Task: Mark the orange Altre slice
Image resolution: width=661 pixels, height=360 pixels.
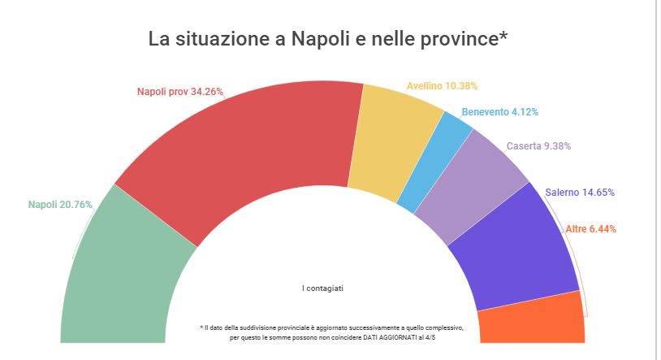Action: click(532, 321)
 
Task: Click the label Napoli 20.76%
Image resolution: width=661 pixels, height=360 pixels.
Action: click(60, 205)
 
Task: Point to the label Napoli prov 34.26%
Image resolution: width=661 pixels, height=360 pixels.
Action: click(179, 92)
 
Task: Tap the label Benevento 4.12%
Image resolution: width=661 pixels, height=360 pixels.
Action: click(499, 112)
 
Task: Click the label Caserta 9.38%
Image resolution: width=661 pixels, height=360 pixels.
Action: click(538, 146)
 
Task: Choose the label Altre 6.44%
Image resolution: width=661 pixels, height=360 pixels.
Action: click(590, 229)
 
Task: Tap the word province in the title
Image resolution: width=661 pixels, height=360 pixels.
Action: click(456, 39)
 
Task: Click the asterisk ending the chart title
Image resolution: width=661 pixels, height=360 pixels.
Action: click(504, 36)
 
